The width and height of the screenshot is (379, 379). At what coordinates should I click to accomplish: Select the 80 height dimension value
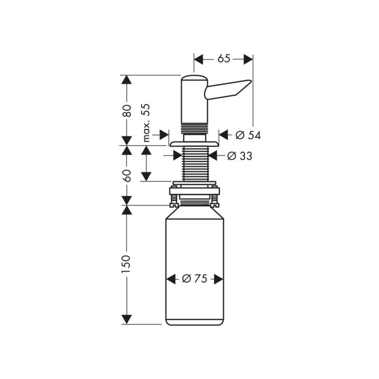tap(127, 110)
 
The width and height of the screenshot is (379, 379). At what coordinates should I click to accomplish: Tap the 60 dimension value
tap(127, 175)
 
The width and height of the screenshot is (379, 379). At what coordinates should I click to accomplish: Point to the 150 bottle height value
tap(126, 264)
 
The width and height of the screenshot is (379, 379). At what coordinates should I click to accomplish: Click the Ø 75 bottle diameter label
tap(194, 279)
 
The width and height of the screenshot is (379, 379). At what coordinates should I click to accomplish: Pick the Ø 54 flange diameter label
tap(248, 135)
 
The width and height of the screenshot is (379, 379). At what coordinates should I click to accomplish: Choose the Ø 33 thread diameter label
tap(240, 156)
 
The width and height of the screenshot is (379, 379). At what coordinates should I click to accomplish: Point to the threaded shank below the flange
tap(194, 163)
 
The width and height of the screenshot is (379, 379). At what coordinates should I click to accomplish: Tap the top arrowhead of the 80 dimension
tap(127, 80)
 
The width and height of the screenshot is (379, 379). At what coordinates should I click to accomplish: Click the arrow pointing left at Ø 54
tap(223, 135)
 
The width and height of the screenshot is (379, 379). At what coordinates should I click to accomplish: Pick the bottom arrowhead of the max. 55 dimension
tap(146, 176)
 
